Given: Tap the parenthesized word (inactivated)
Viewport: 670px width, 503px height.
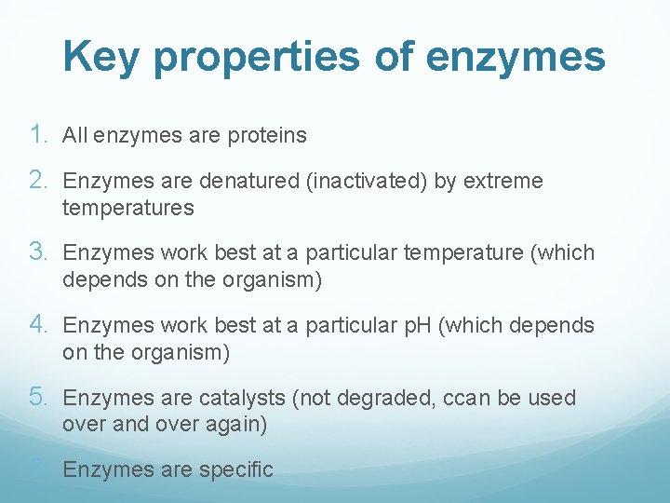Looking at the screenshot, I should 367,182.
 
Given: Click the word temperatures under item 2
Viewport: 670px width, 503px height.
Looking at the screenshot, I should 127,209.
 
